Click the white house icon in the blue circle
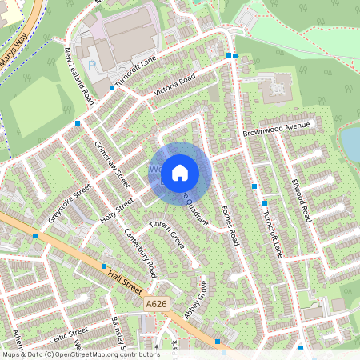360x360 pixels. coord(181,172)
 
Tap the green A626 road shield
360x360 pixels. coord(156,304)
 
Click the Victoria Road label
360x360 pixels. coord(175,86)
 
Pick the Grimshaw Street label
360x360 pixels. coord(111,161)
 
